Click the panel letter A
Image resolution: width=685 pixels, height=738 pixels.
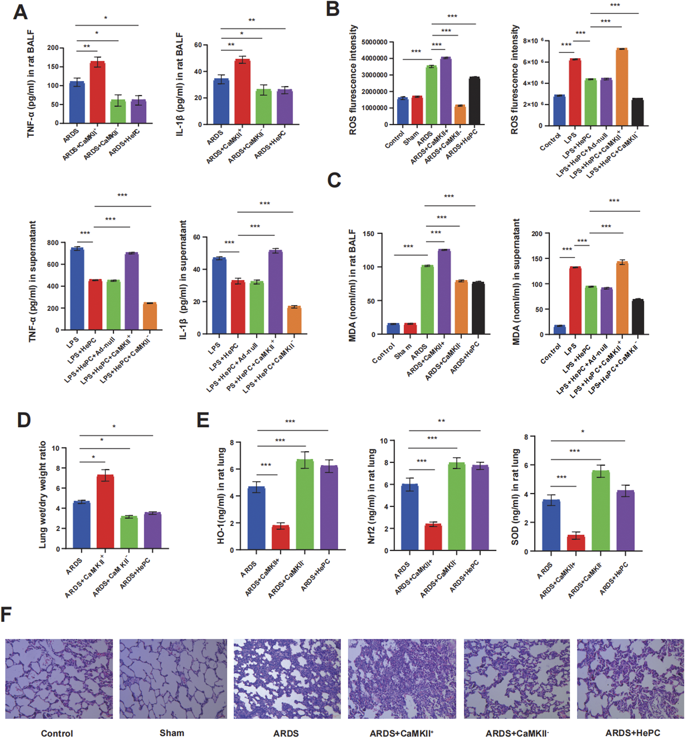(20, 12)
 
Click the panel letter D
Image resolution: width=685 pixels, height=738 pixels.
(24, 420)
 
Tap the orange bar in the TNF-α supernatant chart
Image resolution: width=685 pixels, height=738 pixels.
(150, 316)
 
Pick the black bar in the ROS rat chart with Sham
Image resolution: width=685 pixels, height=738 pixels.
(474, 101)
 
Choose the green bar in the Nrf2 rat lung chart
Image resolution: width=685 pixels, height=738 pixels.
(457, 506)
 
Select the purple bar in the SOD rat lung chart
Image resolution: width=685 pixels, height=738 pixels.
(625, 520)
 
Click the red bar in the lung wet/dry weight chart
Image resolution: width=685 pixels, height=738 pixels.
(105, 511)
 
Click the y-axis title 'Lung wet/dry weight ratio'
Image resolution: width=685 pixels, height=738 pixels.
(43, 494)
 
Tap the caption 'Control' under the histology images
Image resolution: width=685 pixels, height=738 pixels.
(57, 733)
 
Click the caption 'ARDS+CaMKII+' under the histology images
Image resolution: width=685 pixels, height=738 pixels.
(401, 733)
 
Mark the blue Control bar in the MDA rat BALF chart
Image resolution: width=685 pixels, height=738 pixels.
(393, 329)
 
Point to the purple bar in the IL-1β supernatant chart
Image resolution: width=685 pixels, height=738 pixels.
(275, 292)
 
